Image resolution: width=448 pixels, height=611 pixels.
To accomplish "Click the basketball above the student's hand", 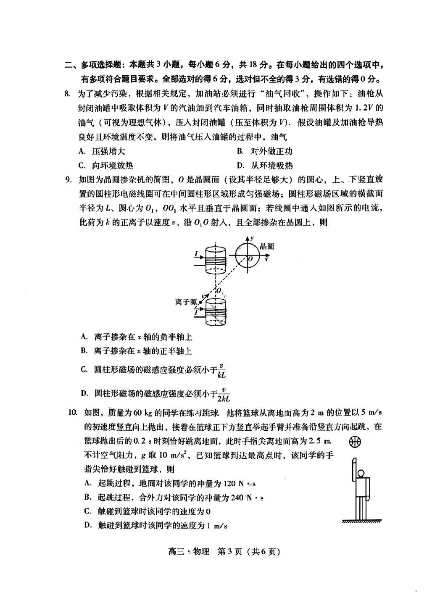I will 355,442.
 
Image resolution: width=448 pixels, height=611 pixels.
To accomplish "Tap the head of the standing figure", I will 360,473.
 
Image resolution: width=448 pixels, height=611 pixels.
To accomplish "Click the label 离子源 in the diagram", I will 186,302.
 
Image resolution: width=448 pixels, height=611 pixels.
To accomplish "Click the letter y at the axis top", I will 252,238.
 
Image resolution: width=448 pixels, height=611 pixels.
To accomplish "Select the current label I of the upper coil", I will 196,253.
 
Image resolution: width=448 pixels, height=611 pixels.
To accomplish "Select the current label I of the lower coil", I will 196,312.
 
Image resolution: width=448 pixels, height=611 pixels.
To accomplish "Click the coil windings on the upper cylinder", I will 215,263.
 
